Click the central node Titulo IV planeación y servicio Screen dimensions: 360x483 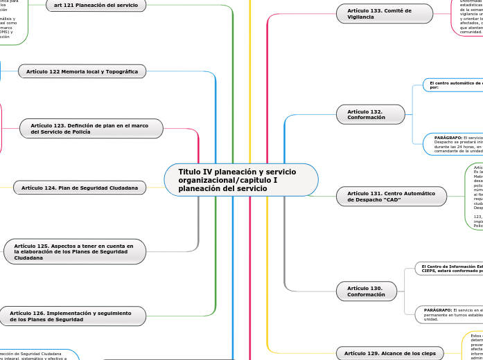tap(240, 180)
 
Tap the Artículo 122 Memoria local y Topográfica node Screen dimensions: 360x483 tap(82, 71)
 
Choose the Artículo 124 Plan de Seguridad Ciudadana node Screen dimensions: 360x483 tap(79, 188)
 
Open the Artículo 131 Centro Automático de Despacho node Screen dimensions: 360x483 tap(391, 197)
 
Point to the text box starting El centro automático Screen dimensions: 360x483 tap(454, 84)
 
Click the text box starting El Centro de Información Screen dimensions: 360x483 tap(450, 268)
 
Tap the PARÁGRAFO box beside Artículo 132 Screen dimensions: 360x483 tap(454, 143)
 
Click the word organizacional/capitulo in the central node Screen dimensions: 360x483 tap(218, 180)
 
